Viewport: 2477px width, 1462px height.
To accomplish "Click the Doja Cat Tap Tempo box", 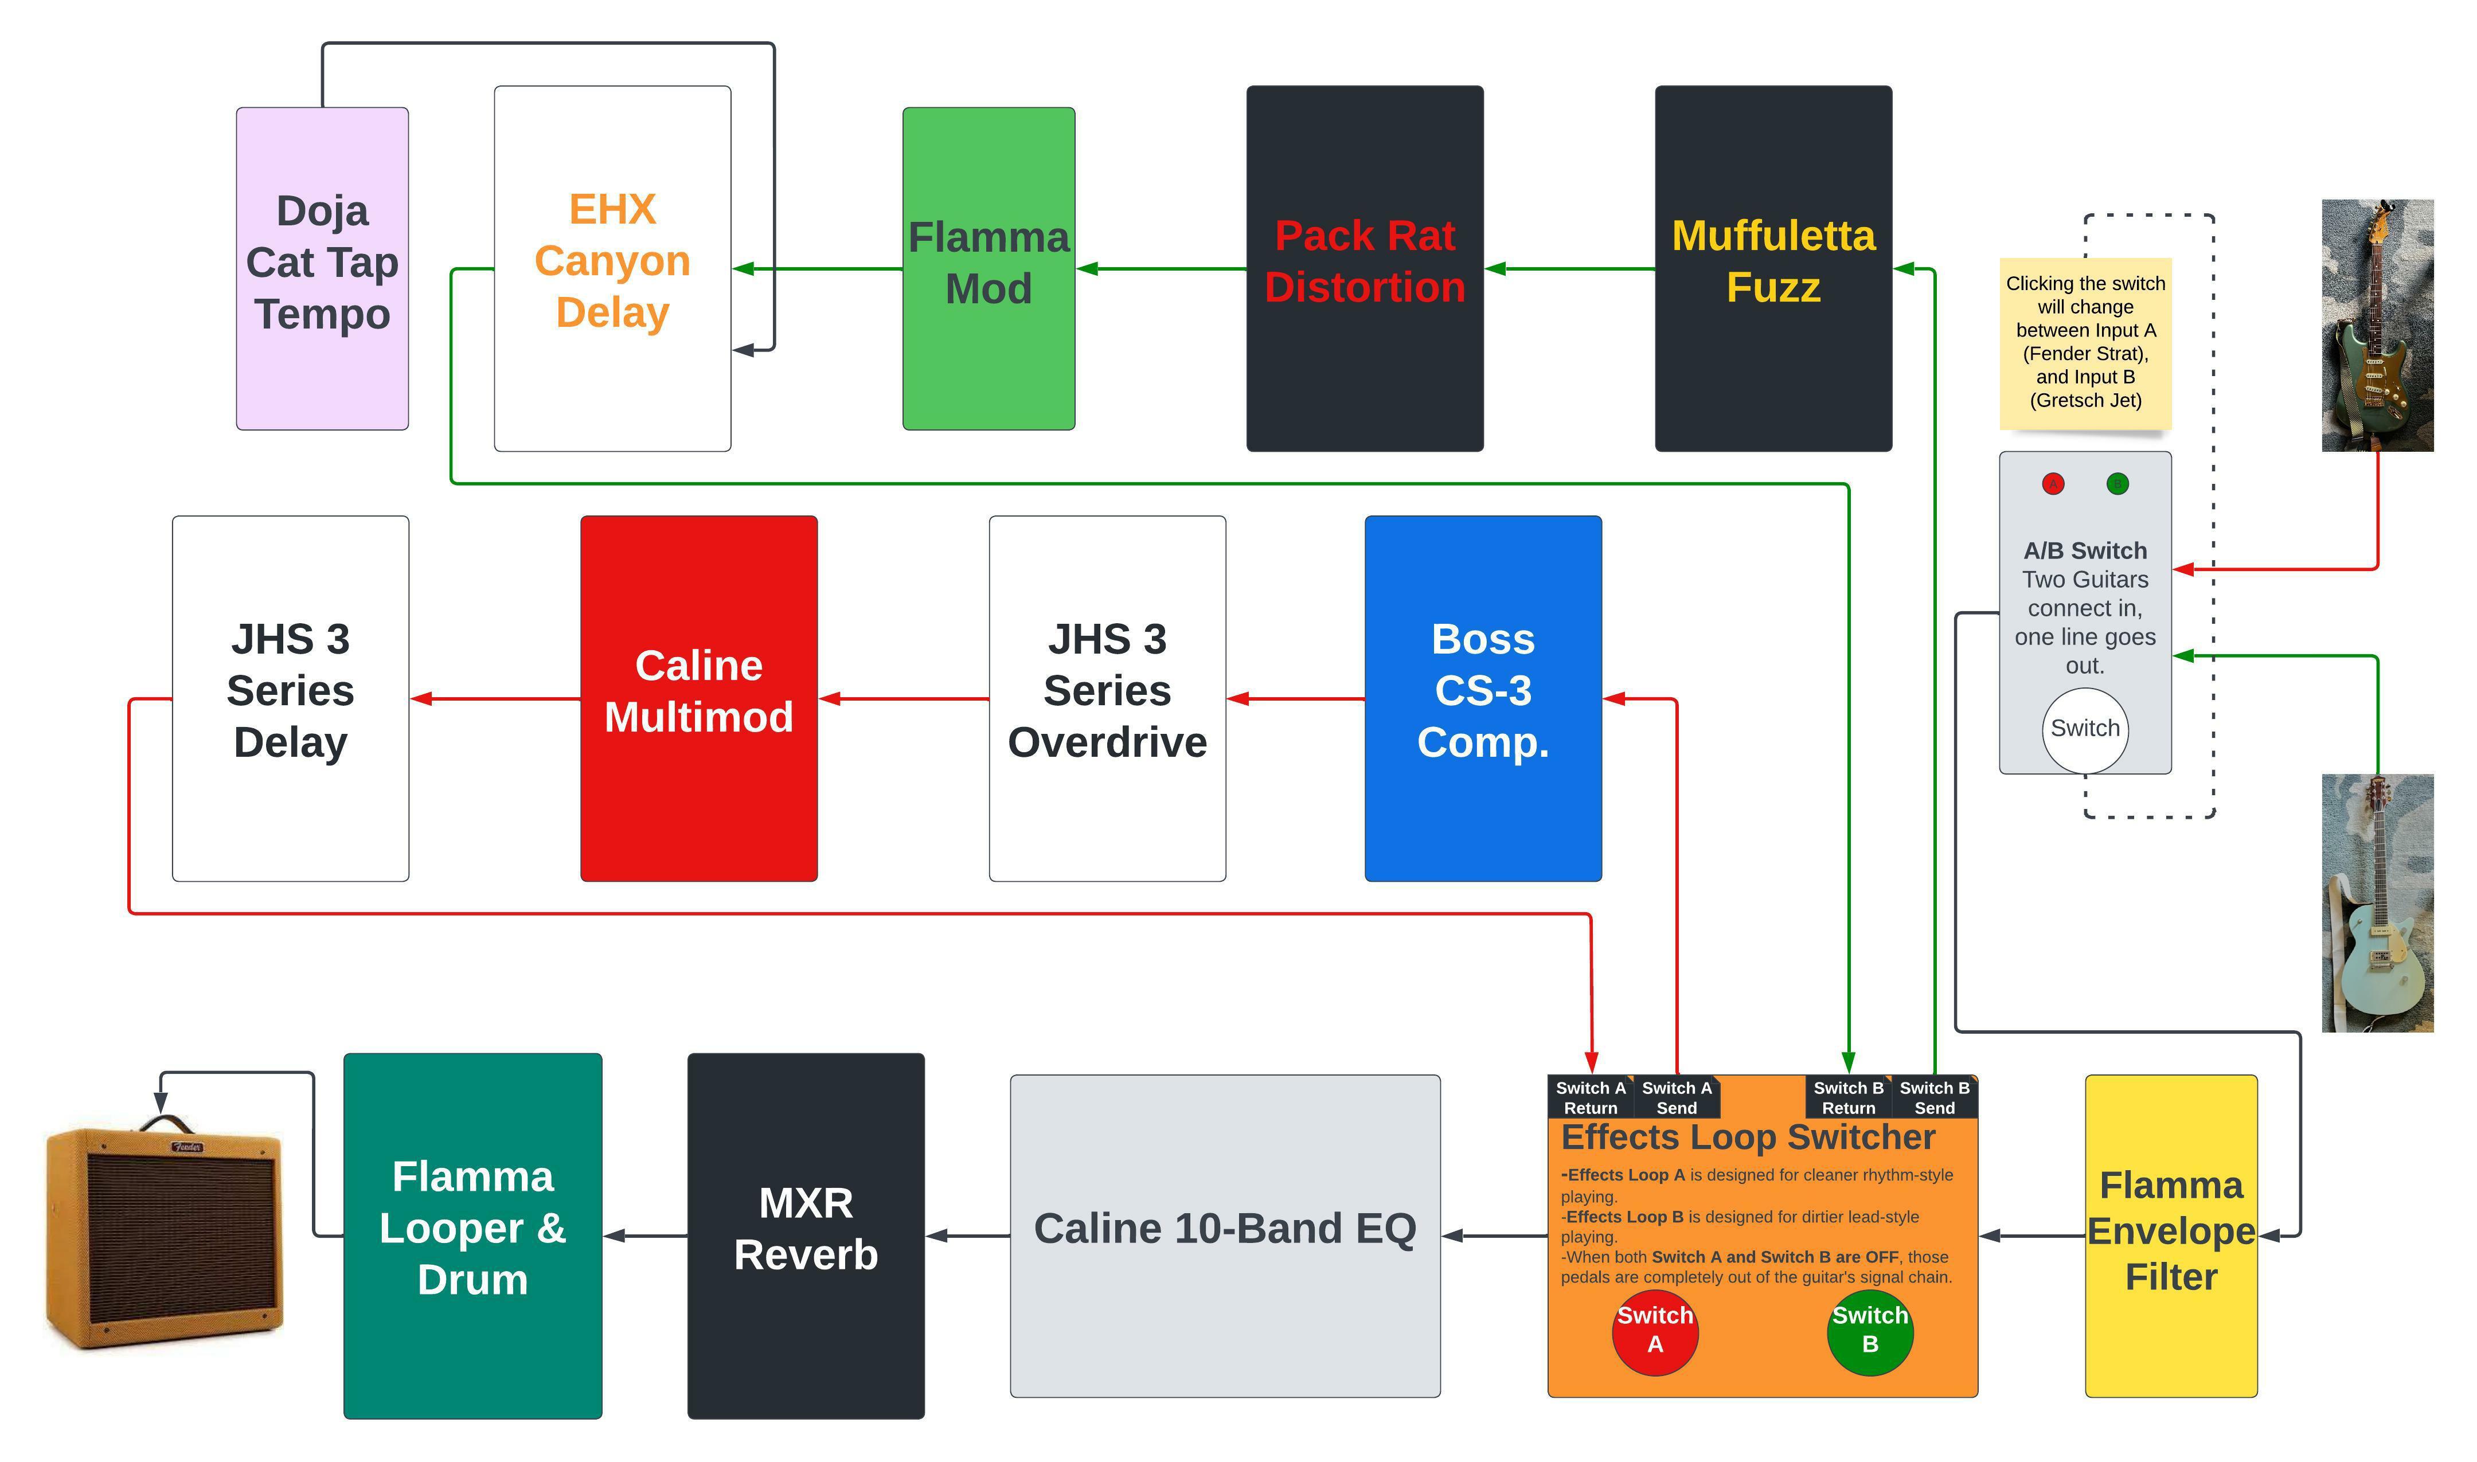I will point(322,268).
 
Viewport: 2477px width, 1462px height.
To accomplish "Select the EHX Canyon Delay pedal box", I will point(612,268).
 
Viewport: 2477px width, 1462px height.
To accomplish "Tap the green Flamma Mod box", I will point(989,268).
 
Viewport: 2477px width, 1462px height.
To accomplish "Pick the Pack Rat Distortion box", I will point(1365,268).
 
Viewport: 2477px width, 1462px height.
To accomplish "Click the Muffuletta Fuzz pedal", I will point(1772,268).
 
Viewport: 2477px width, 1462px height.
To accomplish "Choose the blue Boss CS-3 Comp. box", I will point(1483,698).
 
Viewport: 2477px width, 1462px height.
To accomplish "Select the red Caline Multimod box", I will point(698,698).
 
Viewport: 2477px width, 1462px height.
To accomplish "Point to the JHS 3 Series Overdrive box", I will point(1107,698).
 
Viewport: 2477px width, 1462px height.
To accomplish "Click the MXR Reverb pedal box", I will point(806,1236).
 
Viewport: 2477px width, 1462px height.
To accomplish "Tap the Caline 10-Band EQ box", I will point(1225,1236).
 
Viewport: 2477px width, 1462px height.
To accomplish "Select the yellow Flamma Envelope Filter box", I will point(2171,1236).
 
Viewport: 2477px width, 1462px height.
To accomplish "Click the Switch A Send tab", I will point(1676,1096).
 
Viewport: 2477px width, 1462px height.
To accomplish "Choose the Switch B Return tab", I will point(1847,1096).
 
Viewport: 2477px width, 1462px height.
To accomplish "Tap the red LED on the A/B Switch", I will point(2052,484).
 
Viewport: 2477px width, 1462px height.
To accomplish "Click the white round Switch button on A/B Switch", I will point(2085,730).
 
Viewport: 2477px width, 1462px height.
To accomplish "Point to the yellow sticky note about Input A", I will point(2085,342).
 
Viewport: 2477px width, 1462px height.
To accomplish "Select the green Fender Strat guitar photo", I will point(2377,325).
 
